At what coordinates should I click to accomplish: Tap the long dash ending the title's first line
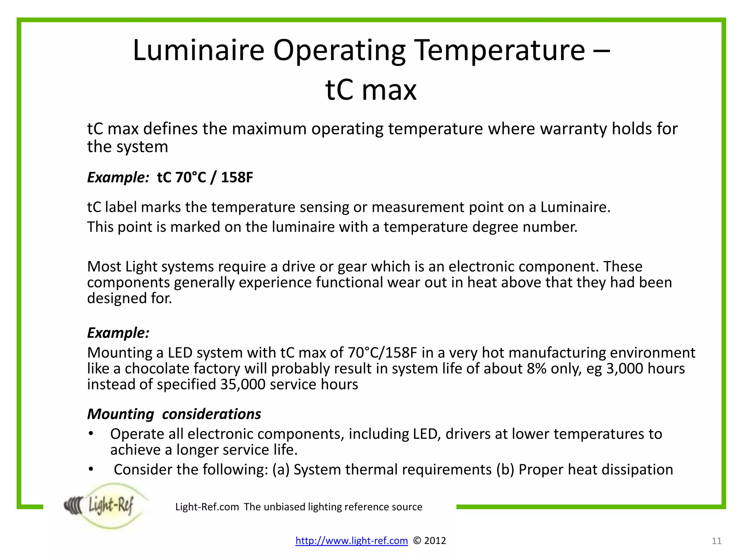click(x=602, y=51)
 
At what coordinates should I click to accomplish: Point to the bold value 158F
click(x=237, y=177)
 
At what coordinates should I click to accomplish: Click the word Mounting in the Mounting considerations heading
click(x=121, y=414)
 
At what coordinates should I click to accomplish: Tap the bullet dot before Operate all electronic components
click(x=91, y=434)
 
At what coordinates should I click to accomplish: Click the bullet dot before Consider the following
click(x=91, y=470)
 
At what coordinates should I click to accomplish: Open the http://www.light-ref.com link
click(x=351, y=541)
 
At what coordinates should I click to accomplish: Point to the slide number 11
click(x=716, y=541)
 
